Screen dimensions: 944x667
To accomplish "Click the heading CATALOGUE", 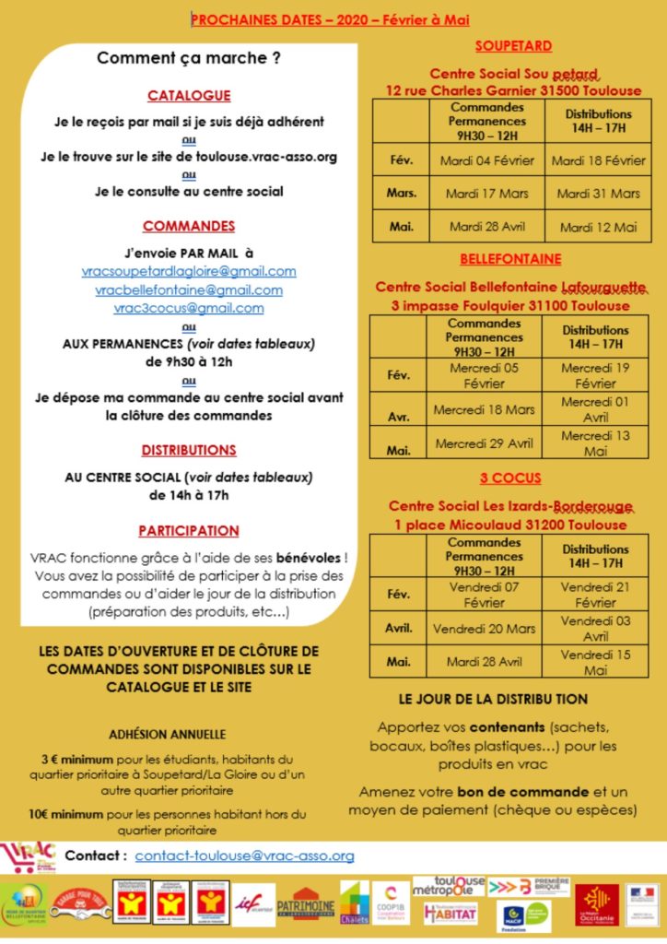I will click(x=189, y=95).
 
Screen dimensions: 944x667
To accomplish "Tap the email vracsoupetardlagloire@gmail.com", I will click(x=189, y=271).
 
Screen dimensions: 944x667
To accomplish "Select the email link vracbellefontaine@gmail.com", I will click(x=189, y=289).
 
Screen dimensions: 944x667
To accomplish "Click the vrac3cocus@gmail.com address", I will click(x=189, y=308).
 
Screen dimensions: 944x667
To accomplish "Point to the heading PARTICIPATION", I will click(x=189, y=531).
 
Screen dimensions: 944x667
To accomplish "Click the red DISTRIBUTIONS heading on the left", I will click(x=189, y=451).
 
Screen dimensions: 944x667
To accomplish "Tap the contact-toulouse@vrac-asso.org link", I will click(x=244, y=855).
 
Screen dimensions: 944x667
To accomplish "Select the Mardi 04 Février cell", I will click(x=487, y=160).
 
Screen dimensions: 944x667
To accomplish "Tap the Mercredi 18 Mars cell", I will click(x=484, y=409).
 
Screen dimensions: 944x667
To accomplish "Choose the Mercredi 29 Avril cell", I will click(x=484, y=443).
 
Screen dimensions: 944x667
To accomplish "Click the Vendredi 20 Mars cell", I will click(x=484, y=629).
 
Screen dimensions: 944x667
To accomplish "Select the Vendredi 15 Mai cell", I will click(x=595, y=663).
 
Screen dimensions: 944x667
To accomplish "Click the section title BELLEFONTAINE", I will click(x=509, y=259).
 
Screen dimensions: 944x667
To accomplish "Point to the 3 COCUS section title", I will click(x=509, y=478).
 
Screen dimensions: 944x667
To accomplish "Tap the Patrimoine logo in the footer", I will click(x=305, y=905).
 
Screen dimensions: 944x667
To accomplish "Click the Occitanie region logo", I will click(x=596, y=904).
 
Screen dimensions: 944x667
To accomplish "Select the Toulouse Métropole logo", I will click(x=449, y=887).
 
